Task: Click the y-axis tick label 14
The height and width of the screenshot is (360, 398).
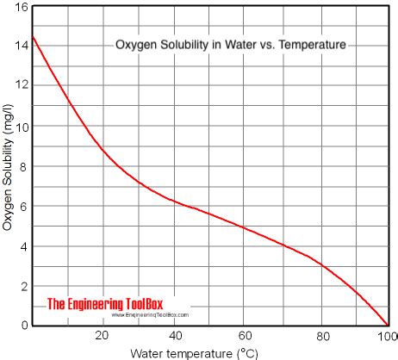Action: click(21, 46)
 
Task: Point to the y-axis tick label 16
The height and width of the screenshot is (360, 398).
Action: click(21, 6)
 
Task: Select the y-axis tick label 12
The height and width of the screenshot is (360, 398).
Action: click(21, 86)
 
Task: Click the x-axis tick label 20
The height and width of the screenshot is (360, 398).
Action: click(103, 336)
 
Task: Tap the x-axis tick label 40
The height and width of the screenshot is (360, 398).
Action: click(174, 336)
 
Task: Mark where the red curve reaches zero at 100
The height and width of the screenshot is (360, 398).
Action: click(387, 326)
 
